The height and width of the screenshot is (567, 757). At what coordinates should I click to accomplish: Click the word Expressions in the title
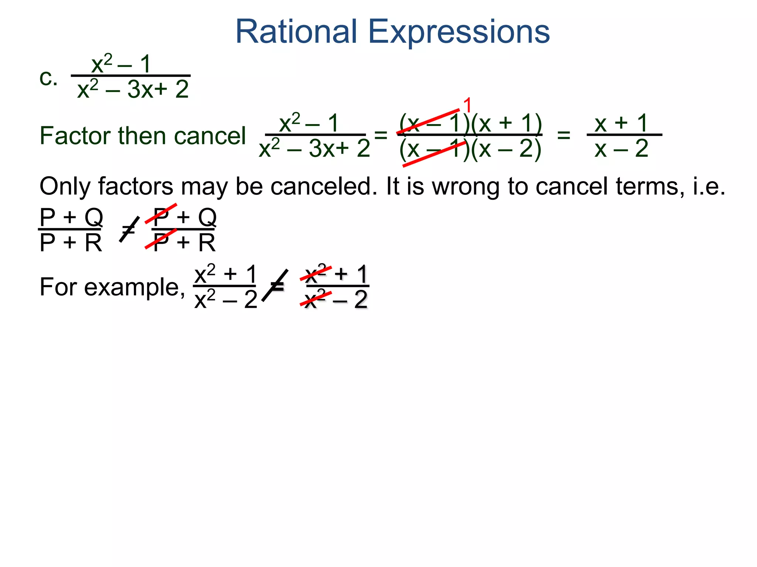click(459, 32)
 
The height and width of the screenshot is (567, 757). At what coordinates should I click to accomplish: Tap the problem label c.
click(48, 78)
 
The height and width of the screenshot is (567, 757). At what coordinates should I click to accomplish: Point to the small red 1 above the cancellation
click(468, 106)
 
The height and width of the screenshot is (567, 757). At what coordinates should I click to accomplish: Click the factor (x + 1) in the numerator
click(507, 123)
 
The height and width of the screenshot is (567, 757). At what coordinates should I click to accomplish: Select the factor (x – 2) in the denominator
click(506, 149)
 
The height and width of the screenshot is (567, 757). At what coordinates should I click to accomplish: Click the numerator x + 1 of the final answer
click(621, 123)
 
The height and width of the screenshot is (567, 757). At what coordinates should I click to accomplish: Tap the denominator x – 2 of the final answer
click(621, 149)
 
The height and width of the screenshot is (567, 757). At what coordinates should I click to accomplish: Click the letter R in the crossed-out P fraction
click(207, 243)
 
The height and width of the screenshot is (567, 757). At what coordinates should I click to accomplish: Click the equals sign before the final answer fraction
click(564, 135)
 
